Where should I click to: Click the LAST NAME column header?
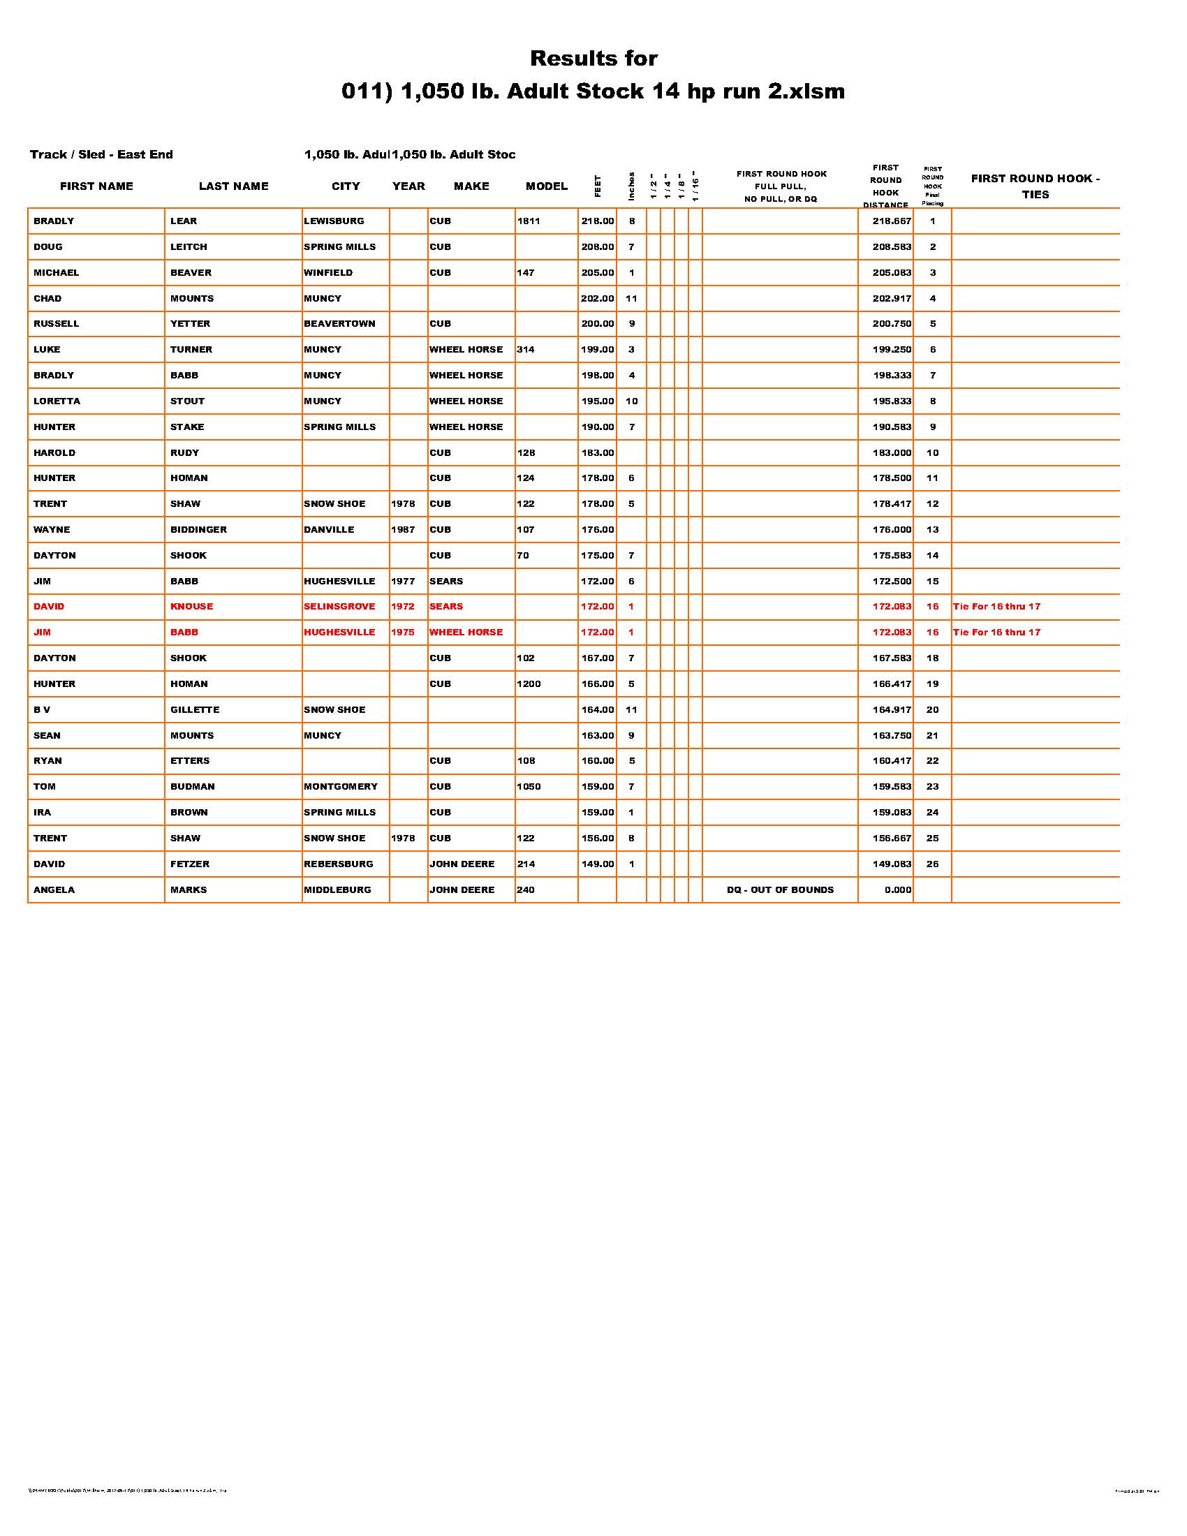click(x=233, y=186)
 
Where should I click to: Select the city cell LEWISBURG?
click(x=334, y=221)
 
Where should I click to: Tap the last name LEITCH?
click(x=189, y=247)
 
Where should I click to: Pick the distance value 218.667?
click(x=892, y=221)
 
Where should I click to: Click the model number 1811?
click(x=529, y=221)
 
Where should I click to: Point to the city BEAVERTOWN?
click(x=339, y=324)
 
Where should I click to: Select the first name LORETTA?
click(x=57, y=401)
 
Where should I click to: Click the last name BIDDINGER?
click(x=198, y=530)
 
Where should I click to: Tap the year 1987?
click(x=403, y=530)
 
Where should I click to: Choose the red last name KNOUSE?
click(x=191, y=606)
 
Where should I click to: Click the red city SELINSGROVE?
click(x=339, y=606)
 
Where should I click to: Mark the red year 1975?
click(x=403, y=633)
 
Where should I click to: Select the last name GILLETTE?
click(x=195, y=709)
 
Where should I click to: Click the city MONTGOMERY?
click(x=341, y=786)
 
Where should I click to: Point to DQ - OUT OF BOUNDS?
click(x=780, y=889)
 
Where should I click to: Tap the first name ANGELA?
click(x=54, y=889)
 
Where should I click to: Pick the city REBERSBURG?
click(x=338, y=864)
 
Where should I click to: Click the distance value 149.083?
click(x=892, y=864)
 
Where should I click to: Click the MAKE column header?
click(x=471, y=186)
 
